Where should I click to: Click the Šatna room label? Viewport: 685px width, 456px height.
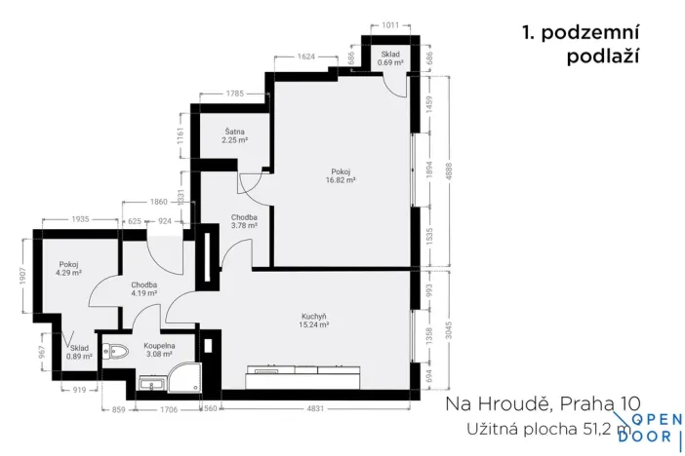pos(234,131)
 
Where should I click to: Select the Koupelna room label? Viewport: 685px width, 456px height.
pos(158,346)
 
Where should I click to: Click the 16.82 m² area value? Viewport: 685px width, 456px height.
pos(341,180)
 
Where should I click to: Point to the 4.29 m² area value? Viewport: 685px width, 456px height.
pos(68,274)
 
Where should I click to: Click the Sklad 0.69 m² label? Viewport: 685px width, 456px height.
pos(390,58)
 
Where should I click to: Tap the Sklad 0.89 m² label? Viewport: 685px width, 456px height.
pos(80,352)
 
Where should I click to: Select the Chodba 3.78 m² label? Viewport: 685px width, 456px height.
pos(244,221)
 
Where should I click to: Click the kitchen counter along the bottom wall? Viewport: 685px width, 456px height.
pos(302,371)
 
